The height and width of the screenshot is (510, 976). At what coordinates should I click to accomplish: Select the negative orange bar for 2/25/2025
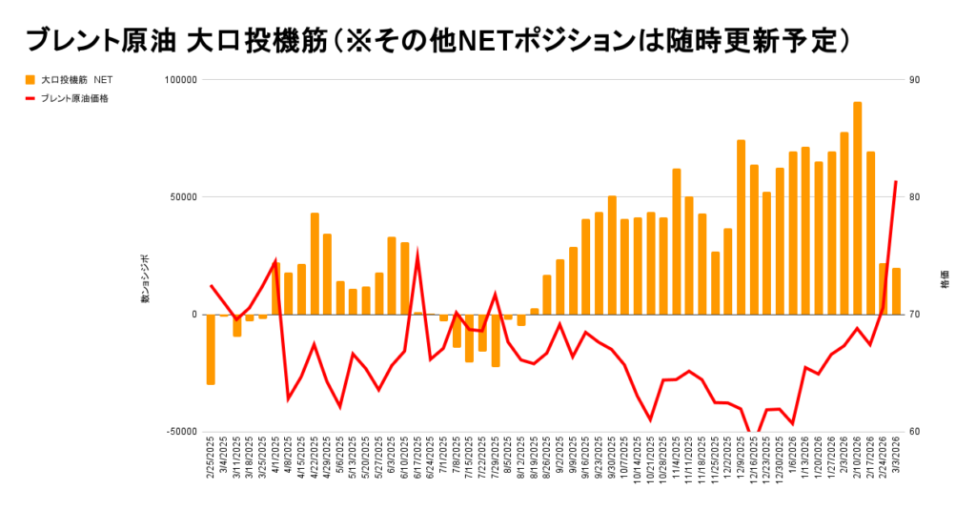pyautogui.click(x=211, y=349)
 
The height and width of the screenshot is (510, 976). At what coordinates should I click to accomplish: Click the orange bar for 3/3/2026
pyautogui.click(x=896, y=291)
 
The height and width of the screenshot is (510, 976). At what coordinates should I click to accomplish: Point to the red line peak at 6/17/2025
pyautogui.click(x=417, y=255)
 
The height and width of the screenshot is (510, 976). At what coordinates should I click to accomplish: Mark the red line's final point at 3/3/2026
pyautogui.click(x=896, y=181)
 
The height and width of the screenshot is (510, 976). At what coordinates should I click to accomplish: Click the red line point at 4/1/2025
pyautogui.click(x=275, y=260)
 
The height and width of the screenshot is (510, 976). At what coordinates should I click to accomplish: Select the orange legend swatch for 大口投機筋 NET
pyautogui.click(x=30, y=79)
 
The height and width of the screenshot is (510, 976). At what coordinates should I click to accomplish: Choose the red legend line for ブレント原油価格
pyautogui.click(x=30, y=97)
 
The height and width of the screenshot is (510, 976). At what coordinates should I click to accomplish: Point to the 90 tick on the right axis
pyautogui.click(x=914, y=80)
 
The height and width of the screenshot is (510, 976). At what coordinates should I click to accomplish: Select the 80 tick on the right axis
pyautogui.click(x=914, y=197)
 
